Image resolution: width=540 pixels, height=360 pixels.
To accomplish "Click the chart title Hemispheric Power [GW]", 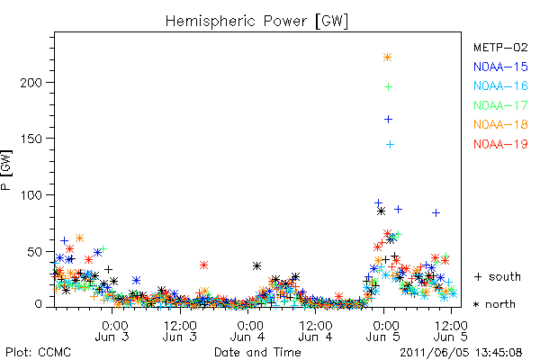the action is point(256,22).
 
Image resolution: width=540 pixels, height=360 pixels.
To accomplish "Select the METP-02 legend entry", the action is point(500,47).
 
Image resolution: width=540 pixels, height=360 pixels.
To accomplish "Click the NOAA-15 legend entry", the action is point(500,67).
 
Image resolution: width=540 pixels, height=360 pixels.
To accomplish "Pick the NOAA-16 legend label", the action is point(500,85).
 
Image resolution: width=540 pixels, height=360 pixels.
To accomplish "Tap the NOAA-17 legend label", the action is point(500,105).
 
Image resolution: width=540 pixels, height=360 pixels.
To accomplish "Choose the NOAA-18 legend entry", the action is point(500,124).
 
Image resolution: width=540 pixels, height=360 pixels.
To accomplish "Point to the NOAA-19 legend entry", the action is point(500,144).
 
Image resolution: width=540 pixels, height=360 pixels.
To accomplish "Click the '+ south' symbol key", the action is point(498,276).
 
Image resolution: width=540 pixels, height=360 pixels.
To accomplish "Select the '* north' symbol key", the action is point(494,304).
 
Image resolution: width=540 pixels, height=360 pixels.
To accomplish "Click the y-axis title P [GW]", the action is point(6,170).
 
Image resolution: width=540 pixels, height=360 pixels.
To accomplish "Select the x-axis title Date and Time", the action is point(257,352).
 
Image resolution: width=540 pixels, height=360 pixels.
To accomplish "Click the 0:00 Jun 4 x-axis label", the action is point(248,331).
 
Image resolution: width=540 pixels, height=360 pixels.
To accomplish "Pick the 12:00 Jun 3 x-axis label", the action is point(180,331).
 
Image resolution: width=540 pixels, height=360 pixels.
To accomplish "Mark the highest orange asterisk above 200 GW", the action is point(387,58).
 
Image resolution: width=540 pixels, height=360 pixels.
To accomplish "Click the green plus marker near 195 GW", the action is point(388,86).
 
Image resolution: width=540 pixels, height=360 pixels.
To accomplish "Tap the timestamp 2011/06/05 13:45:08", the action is point(461,353).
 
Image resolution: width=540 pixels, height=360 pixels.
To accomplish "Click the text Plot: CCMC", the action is point(38,353).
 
